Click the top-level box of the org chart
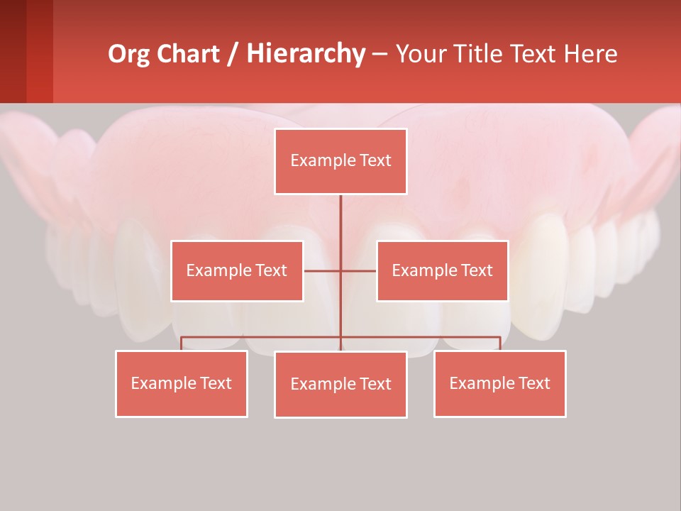pyautogui.click(x=340, y=161)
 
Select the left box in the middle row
pyautogui.click(x=237, y=271)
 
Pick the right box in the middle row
pyautogui.click(x=442, y=271)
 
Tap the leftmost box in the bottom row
pyautogui.click(x=182, y=384)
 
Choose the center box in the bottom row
pyautogui.click(x=340, y=385)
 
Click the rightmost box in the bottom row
pyautogui.click(x=499, y=384)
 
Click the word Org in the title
pyautogui.click(x=128, y=54)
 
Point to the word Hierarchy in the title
pyautogui.click(x=306, y=54)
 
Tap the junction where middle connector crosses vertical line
pyautogui.click(x=340, y=271)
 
